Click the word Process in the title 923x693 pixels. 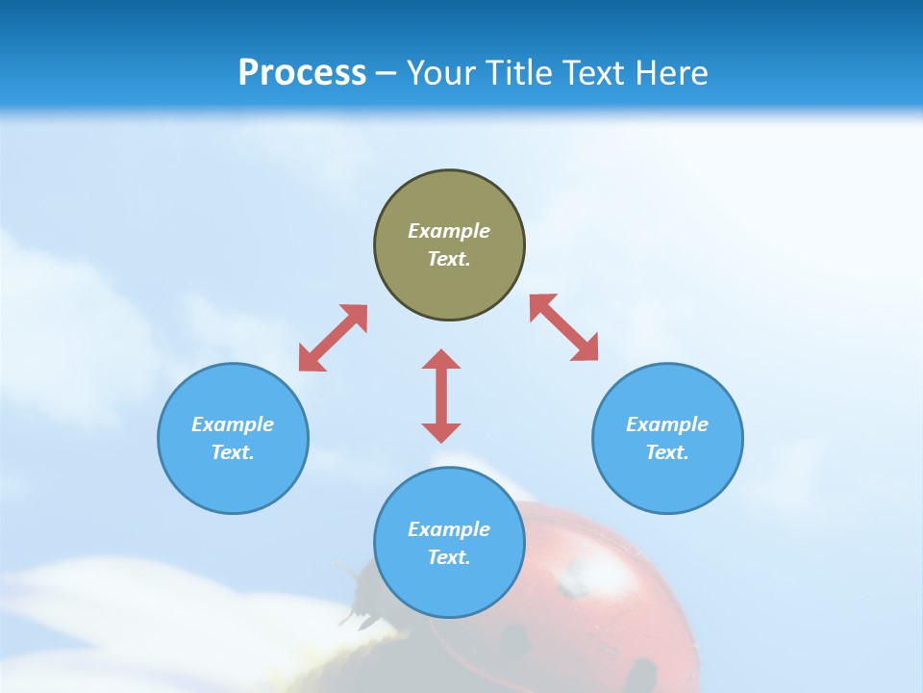coord(302,73)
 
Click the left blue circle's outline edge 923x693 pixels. coord(159,438)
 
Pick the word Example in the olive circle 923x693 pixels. coord(449,231)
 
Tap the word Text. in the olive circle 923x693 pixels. coord(449,259)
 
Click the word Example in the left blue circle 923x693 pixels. coord(233,424)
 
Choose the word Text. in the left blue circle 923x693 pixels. coord(233,452)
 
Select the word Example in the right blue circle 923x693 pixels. coord(667,424)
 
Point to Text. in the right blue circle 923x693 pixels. coord(667,452)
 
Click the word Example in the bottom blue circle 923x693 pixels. coord(449,529)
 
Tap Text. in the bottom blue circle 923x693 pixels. coord(449,557)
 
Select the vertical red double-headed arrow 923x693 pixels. coord(441,396)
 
